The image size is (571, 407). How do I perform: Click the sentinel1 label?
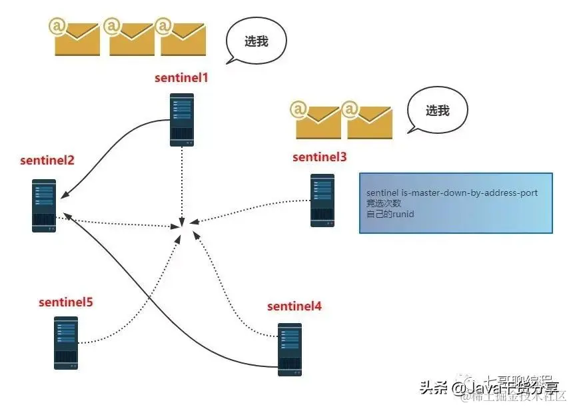182,78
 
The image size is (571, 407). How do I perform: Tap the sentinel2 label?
47,161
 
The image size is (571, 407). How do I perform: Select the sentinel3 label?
320,157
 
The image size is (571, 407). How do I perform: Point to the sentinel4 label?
294,306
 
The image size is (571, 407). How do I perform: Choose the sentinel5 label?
65,302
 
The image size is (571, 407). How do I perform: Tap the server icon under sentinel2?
44,205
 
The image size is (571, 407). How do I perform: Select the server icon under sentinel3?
322,201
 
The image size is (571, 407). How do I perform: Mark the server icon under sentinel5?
65,342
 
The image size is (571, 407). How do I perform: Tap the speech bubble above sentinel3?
437,111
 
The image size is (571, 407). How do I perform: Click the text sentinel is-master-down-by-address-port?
452,193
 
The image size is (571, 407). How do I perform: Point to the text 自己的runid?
390,214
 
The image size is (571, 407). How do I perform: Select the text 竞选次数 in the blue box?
383,204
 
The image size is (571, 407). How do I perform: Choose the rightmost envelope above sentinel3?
368,120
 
